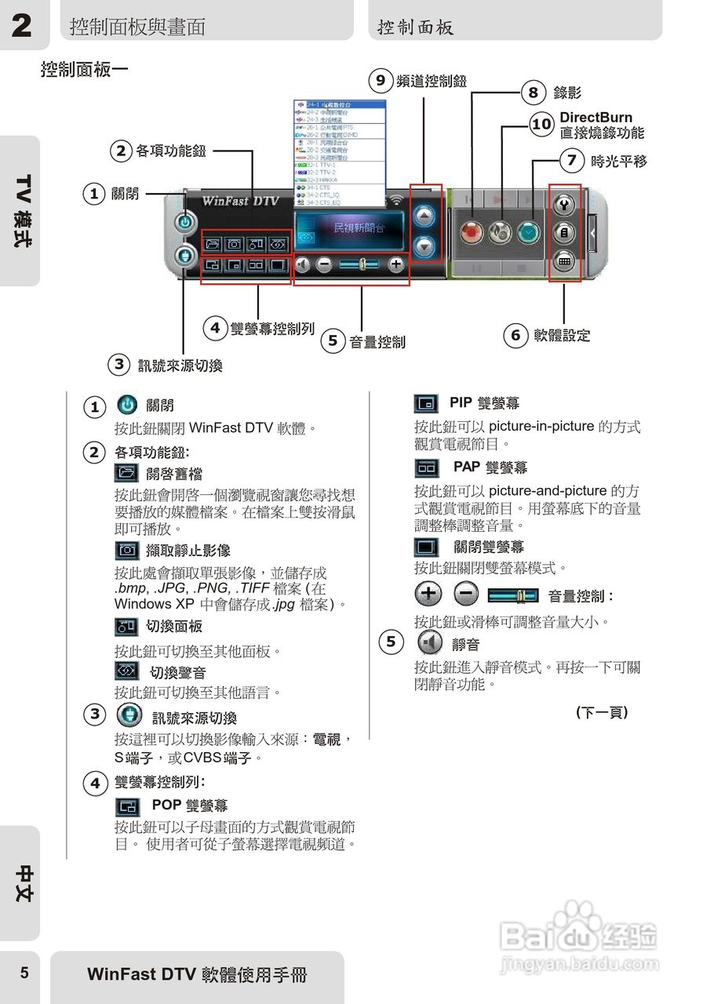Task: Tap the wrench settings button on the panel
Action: tap(564, 205)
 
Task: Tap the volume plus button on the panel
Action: tap(396, 264)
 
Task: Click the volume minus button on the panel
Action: tap(324, 264)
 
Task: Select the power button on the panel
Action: tap(184, 222)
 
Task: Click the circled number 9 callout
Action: tap(381, 80)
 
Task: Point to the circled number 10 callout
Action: tap(541, 124)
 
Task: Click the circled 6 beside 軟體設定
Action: tap(515, 336)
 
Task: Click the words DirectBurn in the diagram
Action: tap(596, 118)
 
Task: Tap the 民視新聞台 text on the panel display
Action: tap(359, 227)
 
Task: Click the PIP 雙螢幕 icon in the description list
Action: tap(426, 404)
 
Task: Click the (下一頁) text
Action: tap(602, 712)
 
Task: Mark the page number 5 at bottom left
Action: tap(24, 973)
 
